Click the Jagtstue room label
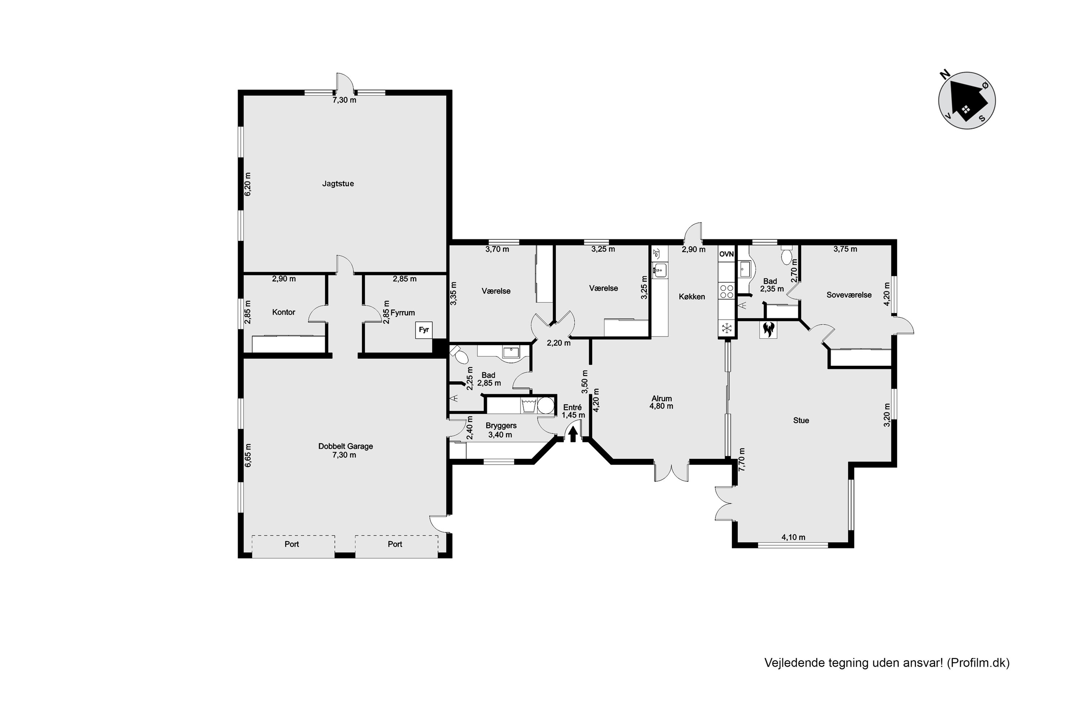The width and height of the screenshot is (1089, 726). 338,184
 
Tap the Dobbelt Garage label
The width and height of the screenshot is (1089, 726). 346,446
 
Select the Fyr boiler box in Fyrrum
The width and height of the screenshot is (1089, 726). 424,330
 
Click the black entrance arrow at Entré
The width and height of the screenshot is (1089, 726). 573,434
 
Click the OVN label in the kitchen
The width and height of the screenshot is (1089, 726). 726,254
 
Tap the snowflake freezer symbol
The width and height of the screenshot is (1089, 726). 726,328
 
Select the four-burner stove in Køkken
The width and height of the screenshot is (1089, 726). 726,291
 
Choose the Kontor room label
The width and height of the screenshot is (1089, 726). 284,313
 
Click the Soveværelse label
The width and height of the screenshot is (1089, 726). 849,295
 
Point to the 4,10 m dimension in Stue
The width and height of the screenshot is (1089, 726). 793,538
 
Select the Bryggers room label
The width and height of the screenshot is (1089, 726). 501,426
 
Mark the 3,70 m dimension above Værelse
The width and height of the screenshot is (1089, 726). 497,250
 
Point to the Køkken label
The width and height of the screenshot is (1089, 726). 692,297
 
